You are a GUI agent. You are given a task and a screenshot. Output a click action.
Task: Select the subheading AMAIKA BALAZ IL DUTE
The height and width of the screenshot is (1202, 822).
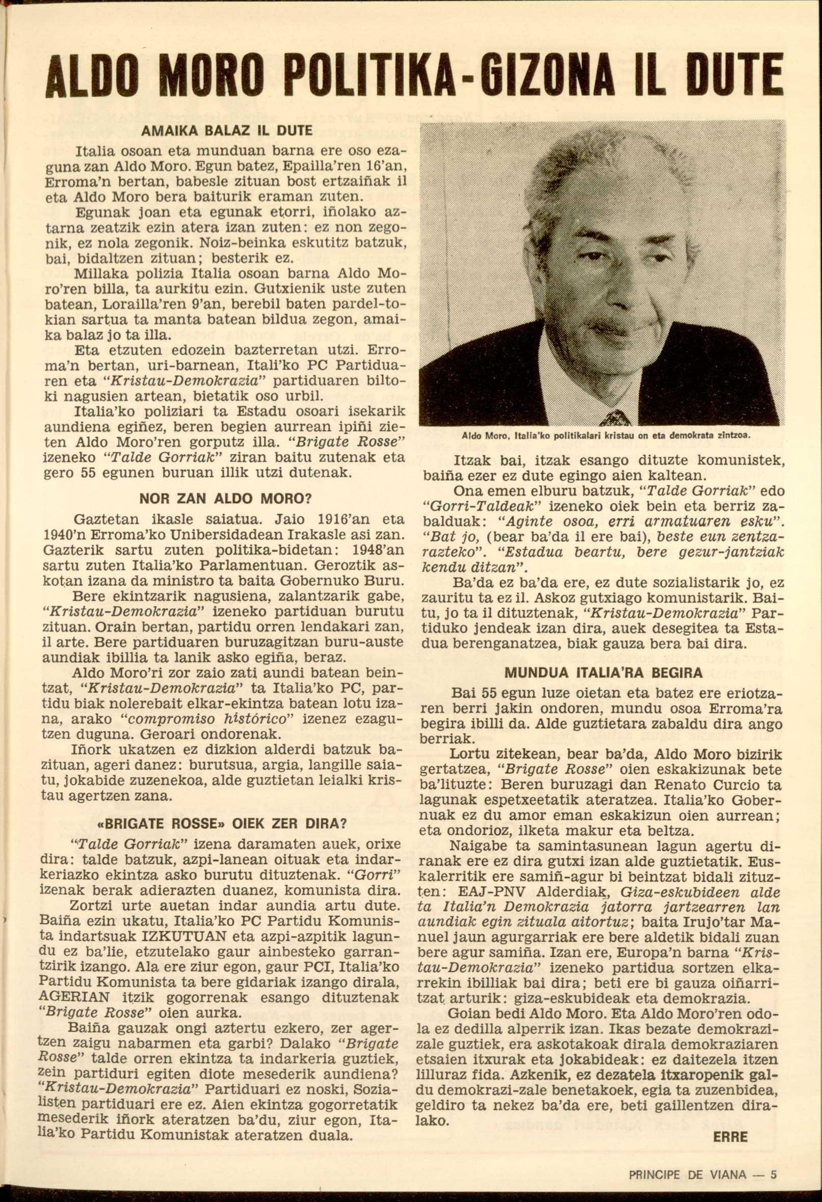coord(227,131)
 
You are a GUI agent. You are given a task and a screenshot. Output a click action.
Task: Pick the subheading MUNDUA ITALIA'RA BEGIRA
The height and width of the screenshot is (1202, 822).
coord(603,673)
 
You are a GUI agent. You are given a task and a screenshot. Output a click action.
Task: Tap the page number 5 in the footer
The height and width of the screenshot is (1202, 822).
coord(774,1173)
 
